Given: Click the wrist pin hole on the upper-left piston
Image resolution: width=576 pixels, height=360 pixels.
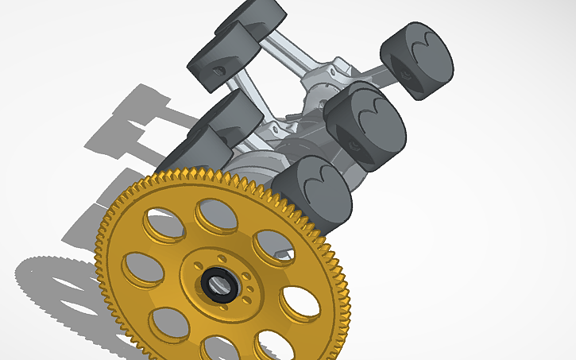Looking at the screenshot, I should tap(218, 69).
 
